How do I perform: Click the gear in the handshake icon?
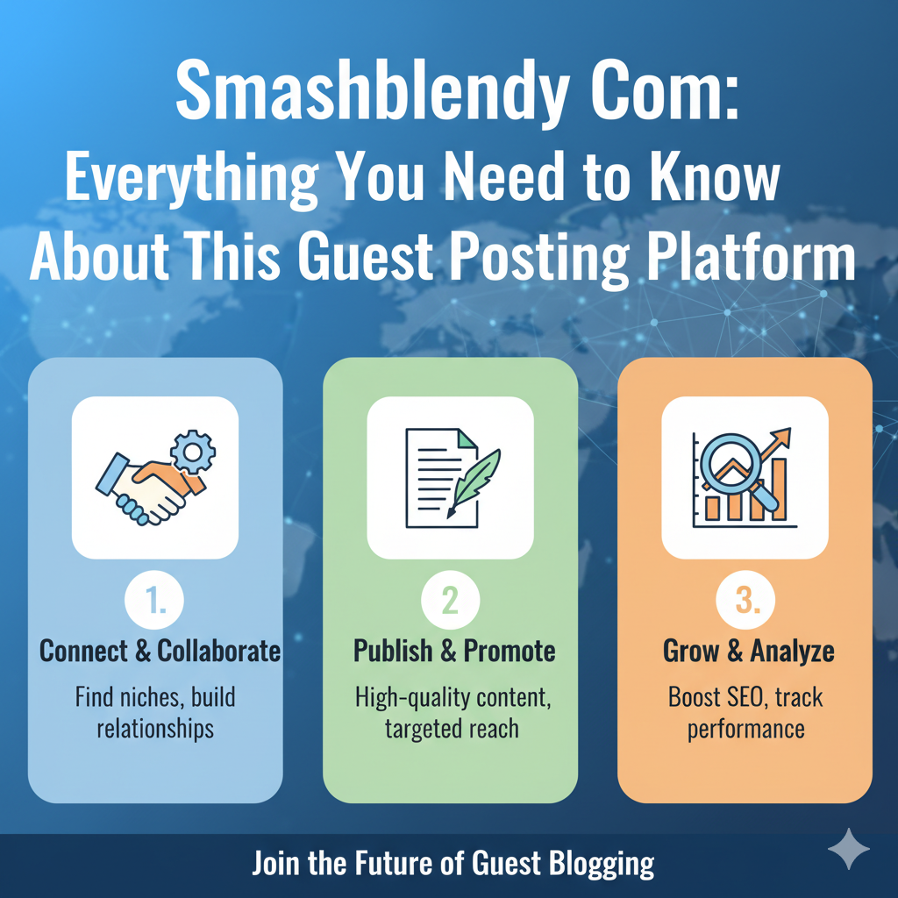coord(193,453)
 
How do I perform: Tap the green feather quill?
coord(474,481)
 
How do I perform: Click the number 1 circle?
coord(154,600)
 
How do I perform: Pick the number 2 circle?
coord(450,600)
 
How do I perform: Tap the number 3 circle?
coord(745,600)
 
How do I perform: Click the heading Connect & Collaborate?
coord(160,652)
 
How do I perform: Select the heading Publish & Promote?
coord(454,652)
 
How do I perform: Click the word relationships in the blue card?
coord(155,730)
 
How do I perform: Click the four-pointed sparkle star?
coord(849,849)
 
